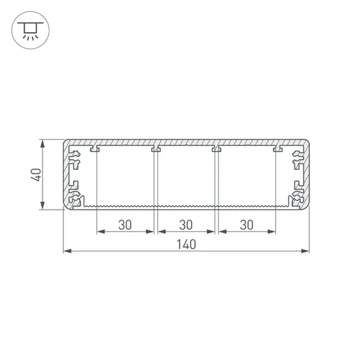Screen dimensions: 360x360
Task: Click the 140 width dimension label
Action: (x=186, y=244)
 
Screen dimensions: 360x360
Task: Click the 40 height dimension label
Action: (x=36, y=175)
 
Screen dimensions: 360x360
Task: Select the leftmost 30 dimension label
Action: (x=125, y=225)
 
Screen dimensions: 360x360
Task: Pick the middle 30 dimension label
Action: (x=186, y=225)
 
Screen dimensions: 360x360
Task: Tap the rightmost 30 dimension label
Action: (x=247, y=225)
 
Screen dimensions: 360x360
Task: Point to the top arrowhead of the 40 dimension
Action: (x=42, y=144)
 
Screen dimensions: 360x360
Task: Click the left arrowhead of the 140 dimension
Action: (x=68, y=251)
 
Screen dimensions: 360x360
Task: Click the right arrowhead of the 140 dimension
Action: (x=305, y=251)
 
